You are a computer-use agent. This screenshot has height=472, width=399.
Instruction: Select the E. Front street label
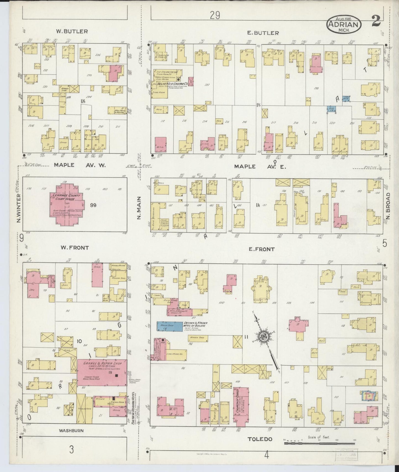(x=262, y=249)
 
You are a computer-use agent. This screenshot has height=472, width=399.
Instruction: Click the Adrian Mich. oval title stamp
(x=344, y=25)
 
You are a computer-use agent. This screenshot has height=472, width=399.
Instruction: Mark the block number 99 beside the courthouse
(x=94, y=205)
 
